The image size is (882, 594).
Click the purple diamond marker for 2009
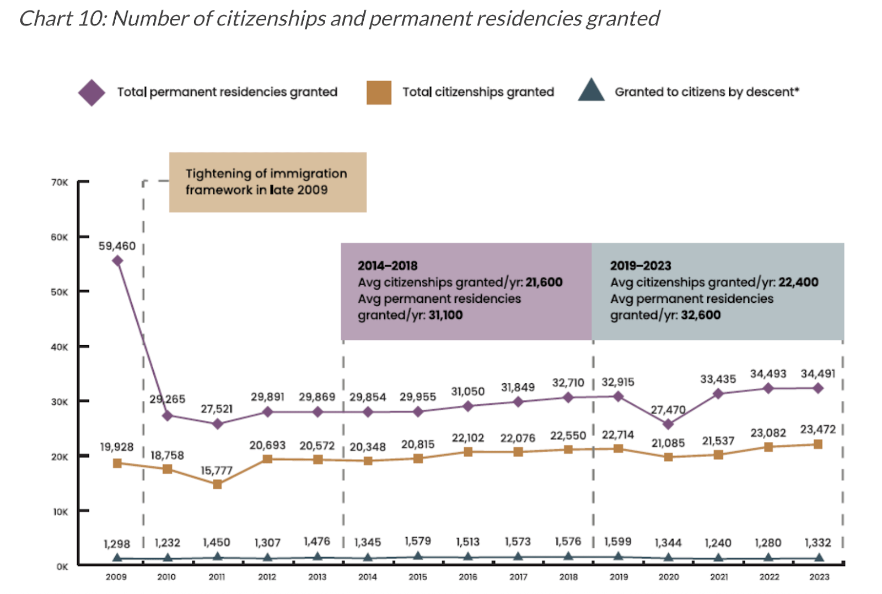(x=117, y=261)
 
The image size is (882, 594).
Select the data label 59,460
(x=117, y=246)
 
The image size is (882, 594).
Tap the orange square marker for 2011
(x=217, y=484)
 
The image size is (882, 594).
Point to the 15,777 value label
(x=216, y=470)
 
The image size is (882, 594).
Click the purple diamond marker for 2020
(x=668, y=424)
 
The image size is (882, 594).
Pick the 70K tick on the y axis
(x=60, y=182)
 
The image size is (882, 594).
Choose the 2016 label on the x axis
(x=468, y=577)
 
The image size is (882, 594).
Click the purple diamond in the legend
(x=92, y=92)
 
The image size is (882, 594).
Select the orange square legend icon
(x=379, y=92)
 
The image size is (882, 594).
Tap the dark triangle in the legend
(x=591, y=91)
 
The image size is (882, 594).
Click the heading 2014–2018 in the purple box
(x=388, y=266)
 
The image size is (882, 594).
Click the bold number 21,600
(x=544, y=282)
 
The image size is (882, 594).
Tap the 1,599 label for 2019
(x=617, y=542)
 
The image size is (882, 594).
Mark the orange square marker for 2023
(x=818, y=444)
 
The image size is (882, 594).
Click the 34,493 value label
(x=768, y=374)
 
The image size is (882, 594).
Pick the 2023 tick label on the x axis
(x=819, y=577)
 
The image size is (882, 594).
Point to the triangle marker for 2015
(x=418, y=556)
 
